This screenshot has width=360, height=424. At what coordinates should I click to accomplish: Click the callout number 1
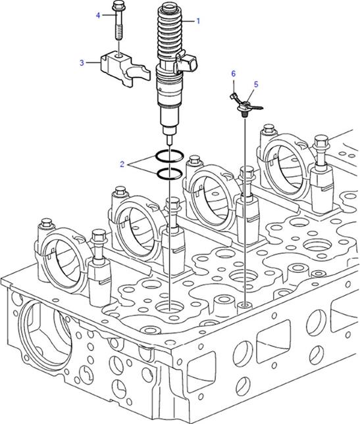click(x=198, y=21)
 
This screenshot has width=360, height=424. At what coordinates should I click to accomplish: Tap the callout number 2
click(x=122, y=164)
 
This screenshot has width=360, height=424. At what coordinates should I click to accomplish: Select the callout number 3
click(x=82, y=62)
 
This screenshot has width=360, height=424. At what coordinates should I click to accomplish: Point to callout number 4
click(x=98, y=15)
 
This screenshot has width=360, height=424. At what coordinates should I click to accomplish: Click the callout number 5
click(x=256, y=84)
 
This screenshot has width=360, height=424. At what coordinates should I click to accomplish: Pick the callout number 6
click(x=234, y=74)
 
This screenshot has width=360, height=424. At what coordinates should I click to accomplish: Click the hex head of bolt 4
click(x=118, y=5)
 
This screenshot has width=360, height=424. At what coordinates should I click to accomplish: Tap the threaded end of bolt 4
click(x=119, y=34)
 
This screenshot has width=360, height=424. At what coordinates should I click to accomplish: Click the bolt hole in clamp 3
click(x=118, y=56)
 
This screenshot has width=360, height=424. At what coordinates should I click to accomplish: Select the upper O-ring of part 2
click(x=170, y=156)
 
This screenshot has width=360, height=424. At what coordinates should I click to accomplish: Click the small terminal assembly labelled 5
click(x=246, y=105)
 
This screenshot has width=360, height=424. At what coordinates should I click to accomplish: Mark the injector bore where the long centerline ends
click(x=170, y=307)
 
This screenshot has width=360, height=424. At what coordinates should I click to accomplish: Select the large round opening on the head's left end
click(x=45, y=333)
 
